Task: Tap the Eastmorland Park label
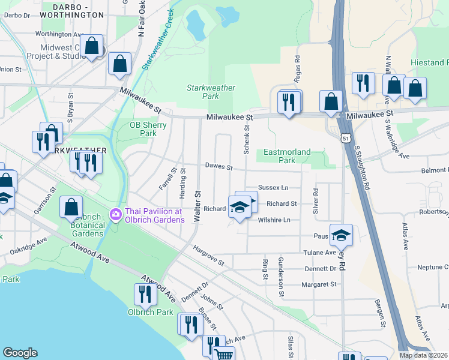point(287,156)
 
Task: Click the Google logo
point(20,353)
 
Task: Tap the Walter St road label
point(196,206)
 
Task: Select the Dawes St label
point(218,166)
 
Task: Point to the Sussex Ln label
point(273,188)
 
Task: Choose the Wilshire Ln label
point(274,220)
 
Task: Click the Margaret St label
point(319,284)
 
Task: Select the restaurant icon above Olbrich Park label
point(145,294)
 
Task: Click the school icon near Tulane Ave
point(341,235)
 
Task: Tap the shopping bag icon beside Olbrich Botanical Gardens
point(71,207)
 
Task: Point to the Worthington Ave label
point(58,34)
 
